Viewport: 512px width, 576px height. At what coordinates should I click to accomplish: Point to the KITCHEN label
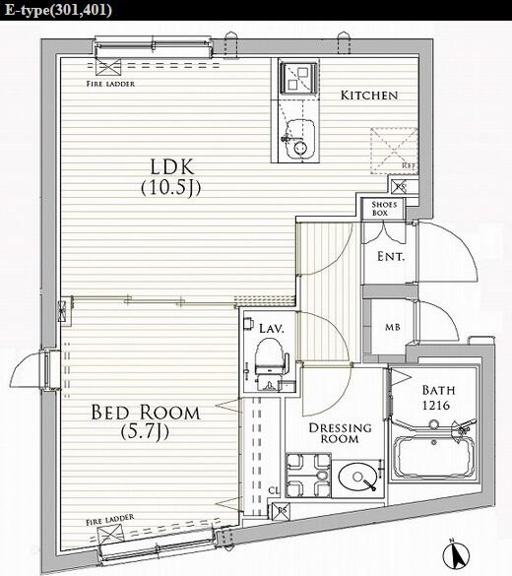coord(369,96)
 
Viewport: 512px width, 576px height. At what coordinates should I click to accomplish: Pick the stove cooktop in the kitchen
coord(295,77)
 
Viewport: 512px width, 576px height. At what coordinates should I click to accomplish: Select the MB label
coord(391,328)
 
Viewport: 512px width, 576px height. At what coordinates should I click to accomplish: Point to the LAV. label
coord(272,328)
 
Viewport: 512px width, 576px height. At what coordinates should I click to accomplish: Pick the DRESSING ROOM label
coord(340,434)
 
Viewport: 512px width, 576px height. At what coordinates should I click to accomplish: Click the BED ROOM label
coord(146,413)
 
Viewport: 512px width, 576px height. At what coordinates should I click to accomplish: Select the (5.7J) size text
coord(146,432)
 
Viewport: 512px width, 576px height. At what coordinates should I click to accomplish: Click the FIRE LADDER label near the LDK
coord(110,84)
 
